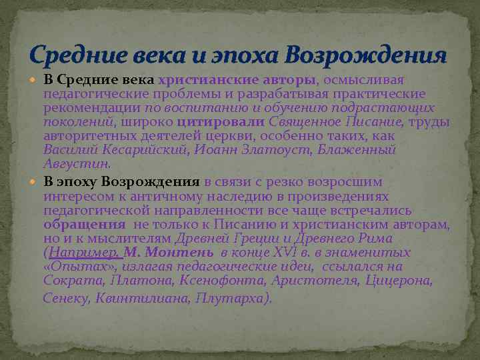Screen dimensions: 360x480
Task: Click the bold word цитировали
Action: pyautogui.click(x=221, y=123)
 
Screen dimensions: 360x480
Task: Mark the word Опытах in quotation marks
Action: pyautogui.click(x=77, y=266)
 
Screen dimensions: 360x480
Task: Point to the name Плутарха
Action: pyautogui.click(x=233, y=298)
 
